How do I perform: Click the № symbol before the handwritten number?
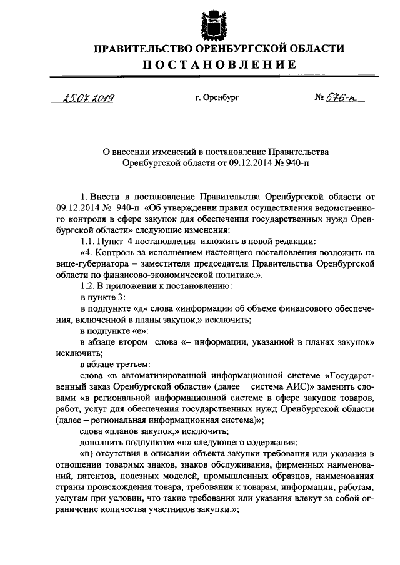click(318, 97)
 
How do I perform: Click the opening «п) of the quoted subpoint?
click(87, 453)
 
